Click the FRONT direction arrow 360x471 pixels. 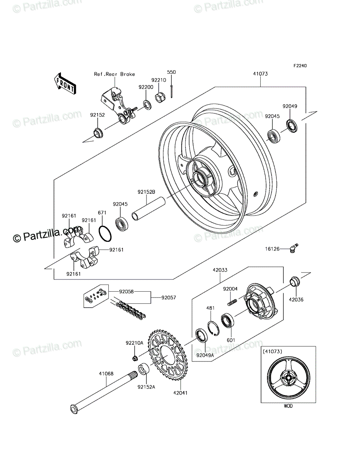tap(65, 84)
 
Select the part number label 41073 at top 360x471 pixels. tap(260, 74)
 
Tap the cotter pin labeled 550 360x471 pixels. tap(172, 91)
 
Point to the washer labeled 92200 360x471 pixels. tap(147, 104)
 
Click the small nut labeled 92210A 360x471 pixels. tap(135, 358)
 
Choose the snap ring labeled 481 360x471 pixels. tap(214, 328)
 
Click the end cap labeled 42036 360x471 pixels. tap(295, 281)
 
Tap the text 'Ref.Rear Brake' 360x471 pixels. tap(115, 74)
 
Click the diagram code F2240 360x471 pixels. tap(300, 66)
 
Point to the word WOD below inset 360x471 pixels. tap(288, 406)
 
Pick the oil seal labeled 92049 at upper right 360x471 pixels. tap(292, 126)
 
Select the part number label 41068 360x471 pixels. tap(106, 374)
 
